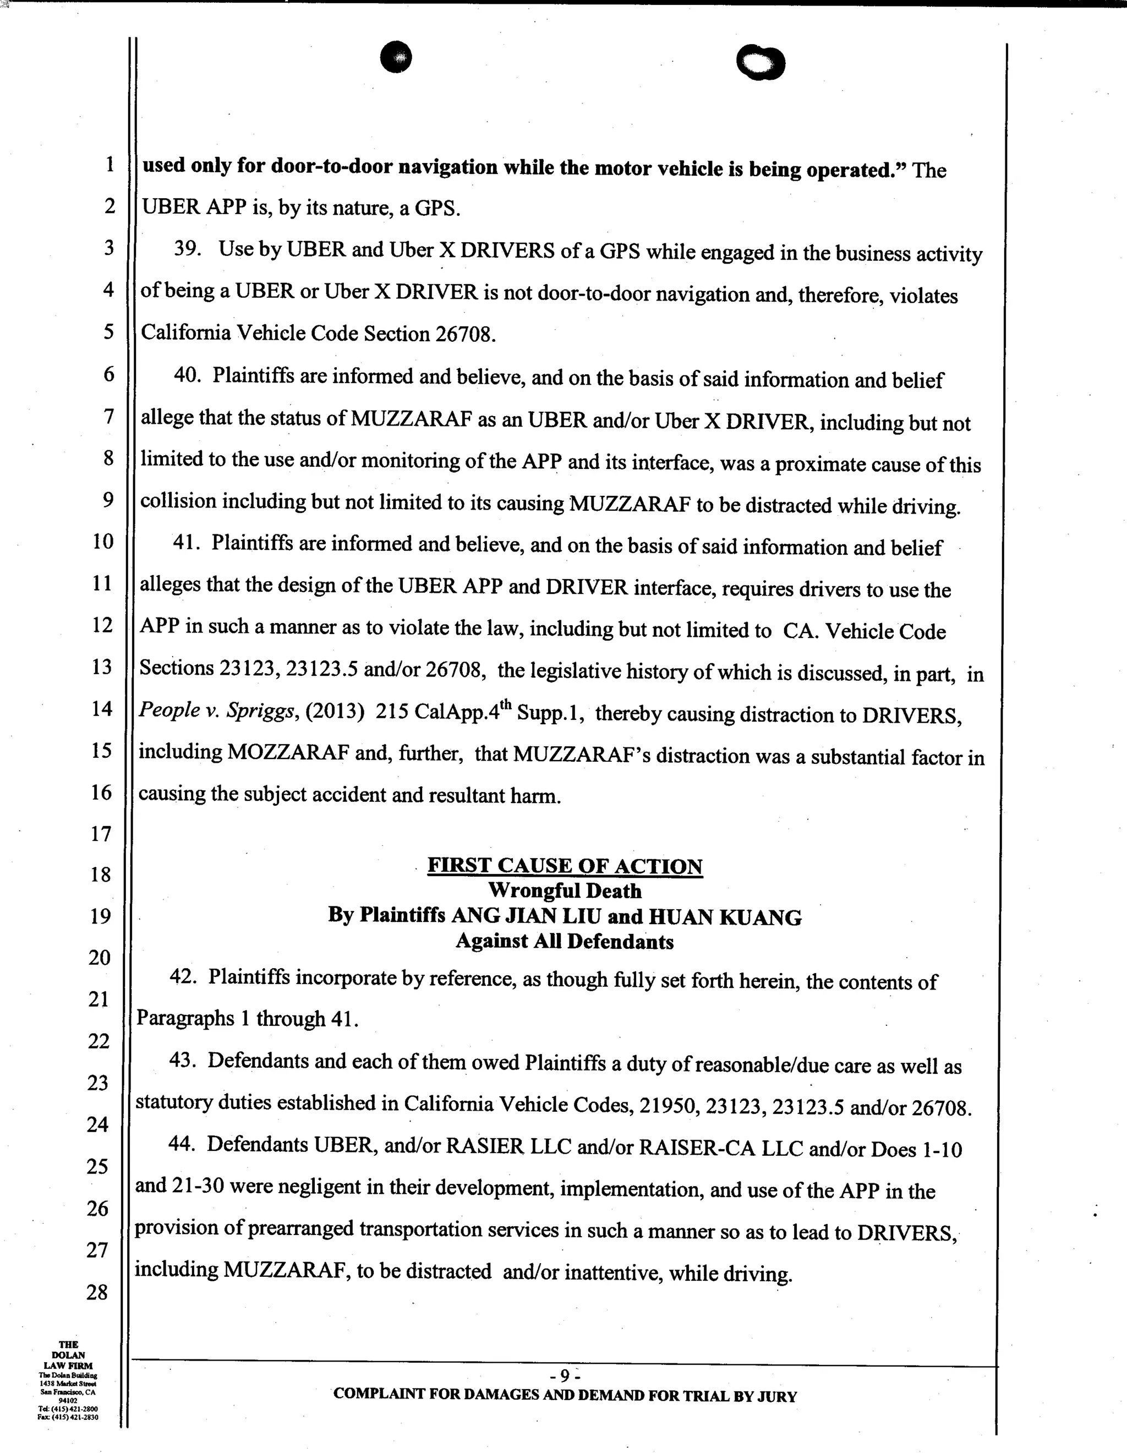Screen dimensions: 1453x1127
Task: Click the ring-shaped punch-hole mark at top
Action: (x=761, y=63)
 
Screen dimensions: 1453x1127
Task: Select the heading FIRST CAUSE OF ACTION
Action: (x=565, y=866)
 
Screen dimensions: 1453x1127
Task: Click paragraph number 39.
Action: (x=188, y=248)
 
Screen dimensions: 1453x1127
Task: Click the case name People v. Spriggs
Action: (x=216, y=711)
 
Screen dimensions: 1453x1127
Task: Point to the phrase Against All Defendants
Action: (x=565, y=941)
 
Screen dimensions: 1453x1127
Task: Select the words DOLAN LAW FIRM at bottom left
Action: (x=68, y=1361)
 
